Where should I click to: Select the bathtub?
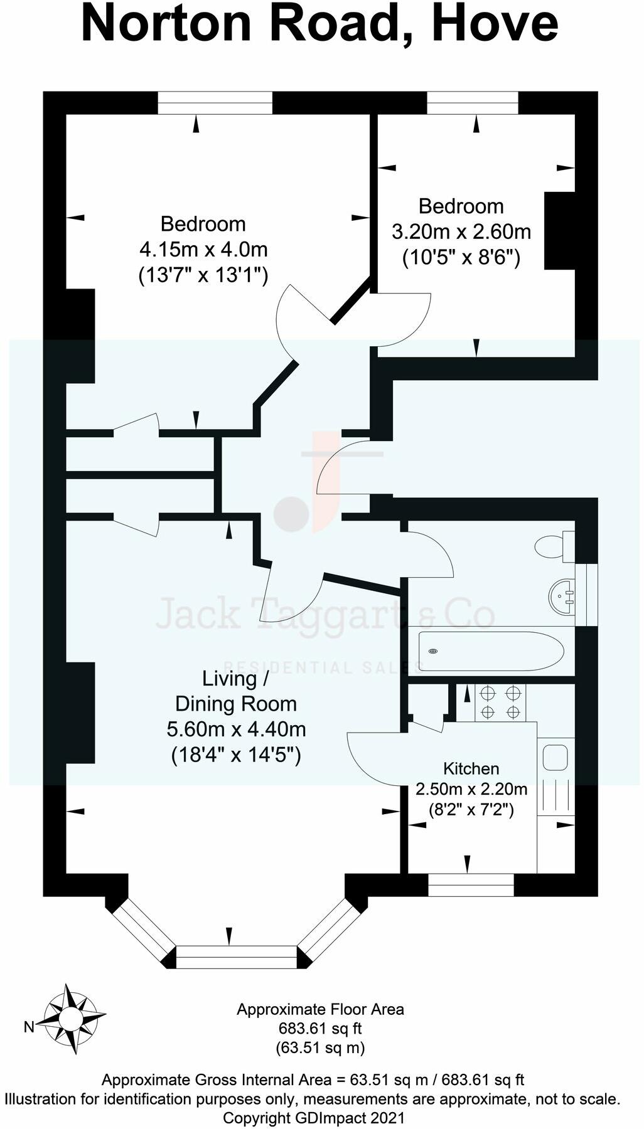tap(490, 652)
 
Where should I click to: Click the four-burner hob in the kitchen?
tap(501, 702)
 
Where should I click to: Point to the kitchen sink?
tap(555, 757)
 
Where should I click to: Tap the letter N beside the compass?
tap(29, 1027)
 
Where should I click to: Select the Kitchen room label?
tap(471, 768)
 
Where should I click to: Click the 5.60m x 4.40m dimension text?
tap(236, 729)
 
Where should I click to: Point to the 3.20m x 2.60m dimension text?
tap(461, 232)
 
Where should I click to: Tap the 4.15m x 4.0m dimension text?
tap(203, 250)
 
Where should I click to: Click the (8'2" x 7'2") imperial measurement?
tap(471, 810)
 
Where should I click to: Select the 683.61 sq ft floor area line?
tap(320, 1029)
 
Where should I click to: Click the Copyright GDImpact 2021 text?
tap(314, 1118)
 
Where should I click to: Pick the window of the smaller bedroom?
tap(473, 103)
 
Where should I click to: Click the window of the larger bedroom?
tap(215, 103)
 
